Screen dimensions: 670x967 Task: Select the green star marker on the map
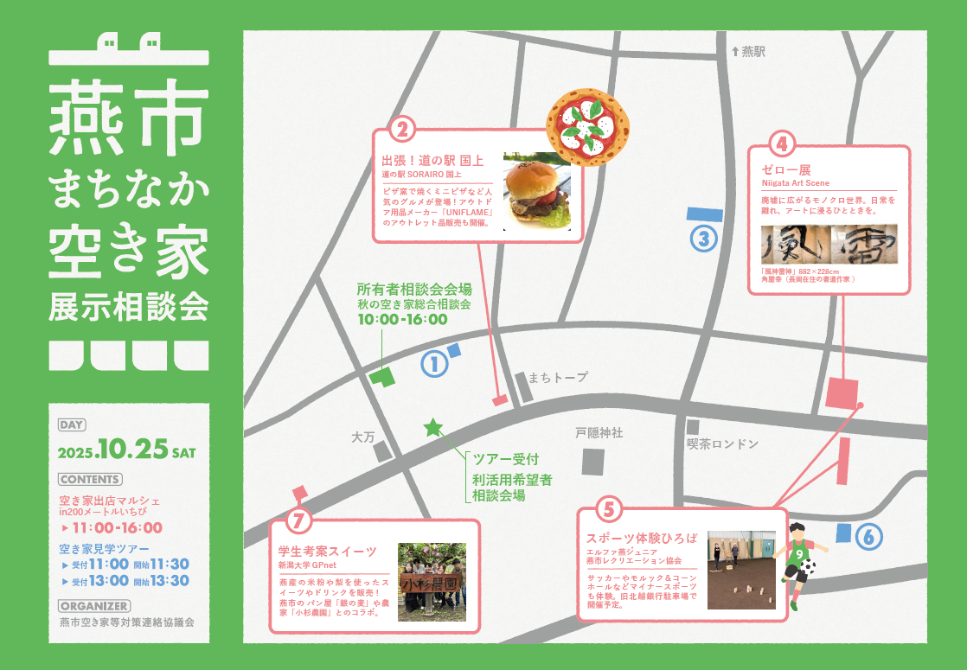[x=432, y=427]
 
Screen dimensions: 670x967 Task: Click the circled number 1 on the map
[x=434, y=364]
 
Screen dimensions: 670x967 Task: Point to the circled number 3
[x=704, y=238]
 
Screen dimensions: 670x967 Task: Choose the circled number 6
[x=869, y=537]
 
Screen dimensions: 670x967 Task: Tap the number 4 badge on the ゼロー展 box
[x=781, y=143]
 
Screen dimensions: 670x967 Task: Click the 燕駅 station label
[x=748, y=52]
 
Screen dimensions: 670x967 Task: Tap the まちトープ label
[x=557, y=377]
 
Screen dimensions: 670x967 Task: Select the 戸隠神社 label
[x=599, y=432]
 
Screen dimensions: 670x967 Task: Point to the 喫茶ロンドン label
[x=722, y=443]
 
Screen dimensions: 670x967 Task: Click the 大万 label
[x=362, y=437]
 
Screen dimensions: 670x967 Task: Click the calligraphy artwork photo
[x=829, y=244]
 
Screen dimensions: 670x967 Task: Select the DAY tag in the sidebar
[x=72, y=424]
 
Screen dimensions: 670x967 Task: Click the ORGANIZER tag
[x=94, y=606]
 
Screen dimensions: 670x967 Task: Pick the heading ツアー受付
[x=505, y=459]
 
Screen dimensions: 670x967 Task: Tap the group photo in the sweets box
[x=432, y=582]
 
